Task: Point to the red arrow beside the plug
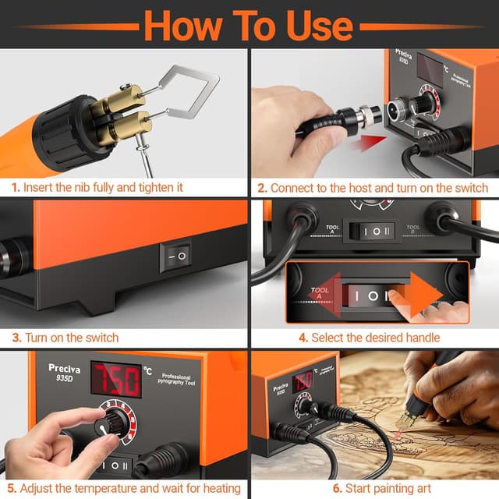(x=366, y=143)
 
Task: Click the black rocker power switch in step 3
(x=175, y=256)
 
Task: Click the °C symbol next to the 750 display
(x=149, y=369)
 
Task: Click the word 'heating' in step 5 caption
(x=220, y=488)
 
